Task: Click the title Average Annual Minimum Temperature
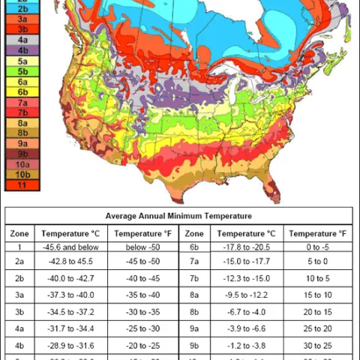[x=178, y=216]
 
